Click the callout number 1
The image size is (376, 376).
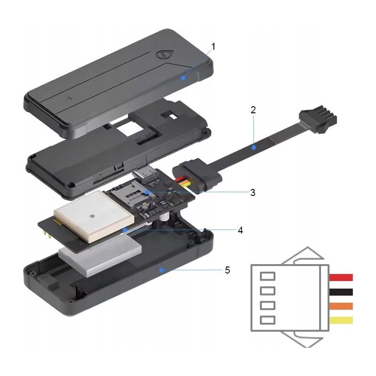[x=213, y=47]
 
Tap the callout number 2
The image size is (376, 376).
[x=253, y=110]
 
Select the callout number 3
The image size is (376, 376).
[x=252, y=192]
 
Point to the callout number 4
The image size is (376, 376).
[x=240, y=230]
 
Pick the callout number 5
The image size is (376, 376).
[x=227, y=270]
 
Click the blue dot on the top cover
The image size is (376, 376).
[x=183, y=78]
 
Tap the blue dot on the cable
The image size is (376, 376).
[x=253, y=148]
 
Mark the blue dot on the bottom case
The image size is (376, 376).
[x=162, y=270]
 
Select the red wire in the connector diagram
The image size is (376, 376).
[x=341, y=277]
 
